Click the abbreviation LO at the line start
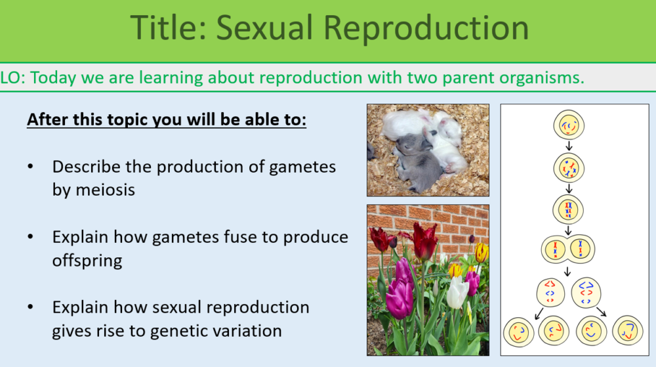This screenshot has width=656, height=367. (12, 78)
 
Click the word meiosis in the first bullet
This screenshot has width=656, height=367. (94, 190)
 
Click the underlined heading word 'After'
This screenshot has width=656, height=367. (47, 121)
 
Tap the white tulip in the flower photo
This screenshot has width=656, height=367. (457, 292)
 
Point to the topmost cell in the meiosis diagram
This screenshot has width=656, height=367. (569, 125)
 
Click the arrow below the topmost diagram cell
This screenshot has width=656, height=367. (569, 146)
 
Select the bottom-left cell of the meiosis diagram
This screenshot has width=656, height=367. (518, 331)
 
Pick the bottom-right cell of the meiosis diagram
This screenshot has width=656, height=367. (627, 331)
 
